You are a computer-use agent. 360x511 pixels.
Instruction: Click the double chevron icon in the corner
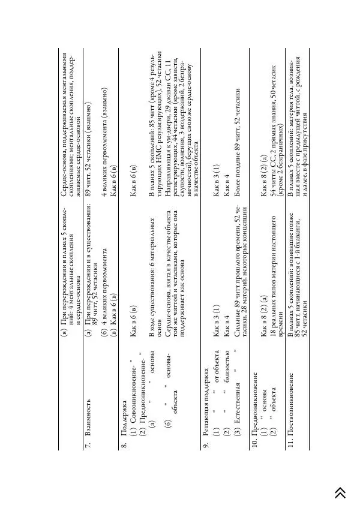pyautogui.click(x=340, y=492)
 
